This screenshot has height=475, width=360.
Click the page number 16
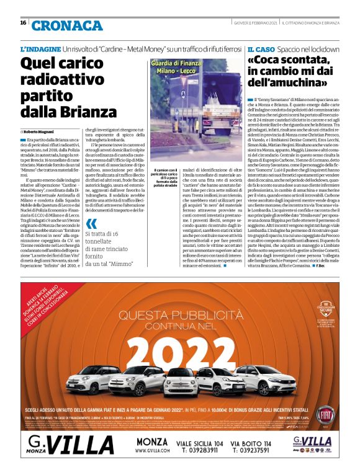coord(23,23)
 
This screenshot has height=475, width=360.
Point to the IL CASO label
coord(260,48)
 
